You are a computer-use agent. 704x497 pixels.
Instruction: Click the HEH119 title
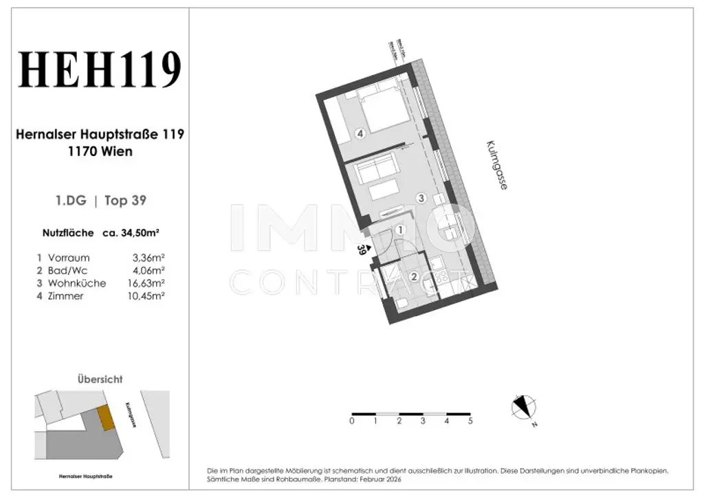tap(100, 71)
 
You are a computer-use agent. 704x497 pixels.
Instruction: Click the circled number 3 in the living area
tap(421, 198)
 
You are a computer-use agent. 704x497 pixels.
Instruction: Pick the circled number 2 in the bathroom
tap(414, 277)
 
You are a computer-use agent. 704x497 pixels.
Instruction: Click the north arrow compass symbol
tap(523, 408)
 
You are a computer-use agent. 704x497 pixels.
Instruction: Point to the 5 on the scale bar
tap(470, 420)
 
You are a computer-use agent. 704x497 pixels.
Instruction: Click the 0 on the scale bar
tap(352, 420)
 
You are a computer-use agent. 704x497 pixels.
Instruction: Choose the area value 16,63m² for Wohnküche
tap(148, 283)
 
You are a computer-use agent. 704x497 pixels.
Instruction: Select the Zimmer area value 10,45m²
tap(148, 296)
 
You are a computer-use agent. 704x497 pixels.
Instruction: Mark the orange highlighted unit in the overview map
tap(104, 417)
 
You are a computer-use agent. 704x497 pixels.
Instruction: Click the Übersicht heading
tap(100, 379)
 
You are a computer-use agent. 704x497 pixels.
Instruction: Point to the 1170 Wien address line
tap(100, 151)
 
